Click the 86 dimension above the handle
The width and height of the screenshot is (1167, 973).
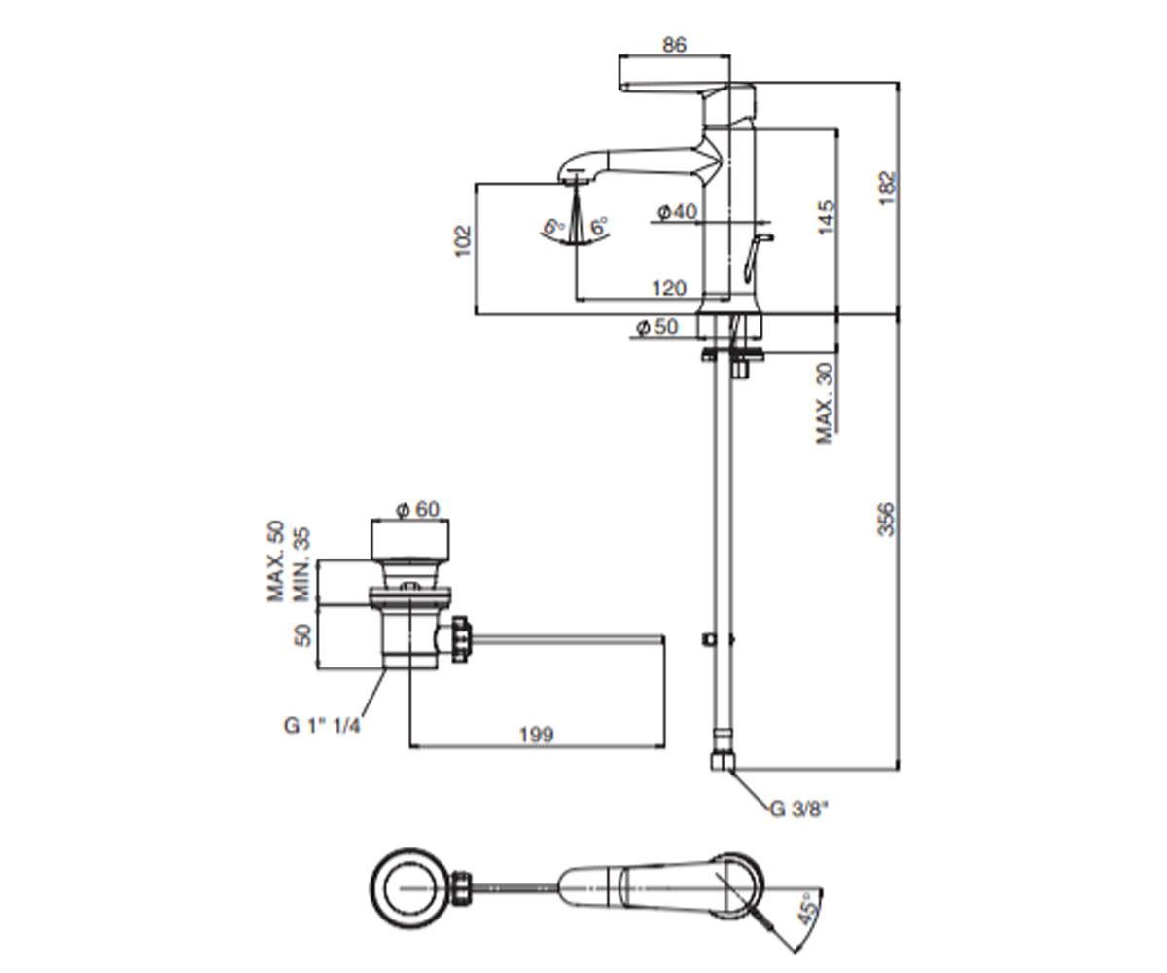tap(674, 45)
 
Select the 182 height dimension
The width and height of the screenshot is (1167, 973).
tap(888, 188)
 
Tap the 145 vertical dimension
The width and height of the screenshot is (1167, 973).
tap(826, 218)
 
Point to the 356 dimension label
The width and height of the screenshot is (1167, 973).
tap(886, 520)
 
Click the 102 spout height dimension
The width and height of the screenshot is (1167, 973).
tap(463, 241)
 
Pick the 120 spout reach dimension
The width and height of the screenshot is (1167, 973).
tap(669, 289)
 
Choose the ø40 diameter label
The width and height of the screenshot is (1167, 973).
tap(678, 212)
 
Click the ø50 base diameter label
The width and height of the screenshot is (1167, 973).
tap(657, 327)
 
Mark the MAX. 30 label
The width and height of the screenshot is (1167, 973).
tap(825, 403)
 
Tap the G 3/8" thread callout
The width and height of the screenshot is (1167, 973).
tap(799, 810)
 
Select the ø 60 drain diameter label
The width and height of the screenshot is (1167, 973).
tap(418, 509)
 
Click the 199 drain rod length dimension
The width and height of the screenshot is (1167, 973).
tap(537, 735)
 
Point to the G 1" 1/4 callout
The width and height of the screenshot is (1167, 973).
tap(322, 726)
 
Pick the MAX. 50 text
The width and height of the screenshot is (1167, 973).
tap(275, 561)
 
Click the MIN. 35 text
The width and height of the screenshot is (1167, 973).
tap(301, 564)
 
